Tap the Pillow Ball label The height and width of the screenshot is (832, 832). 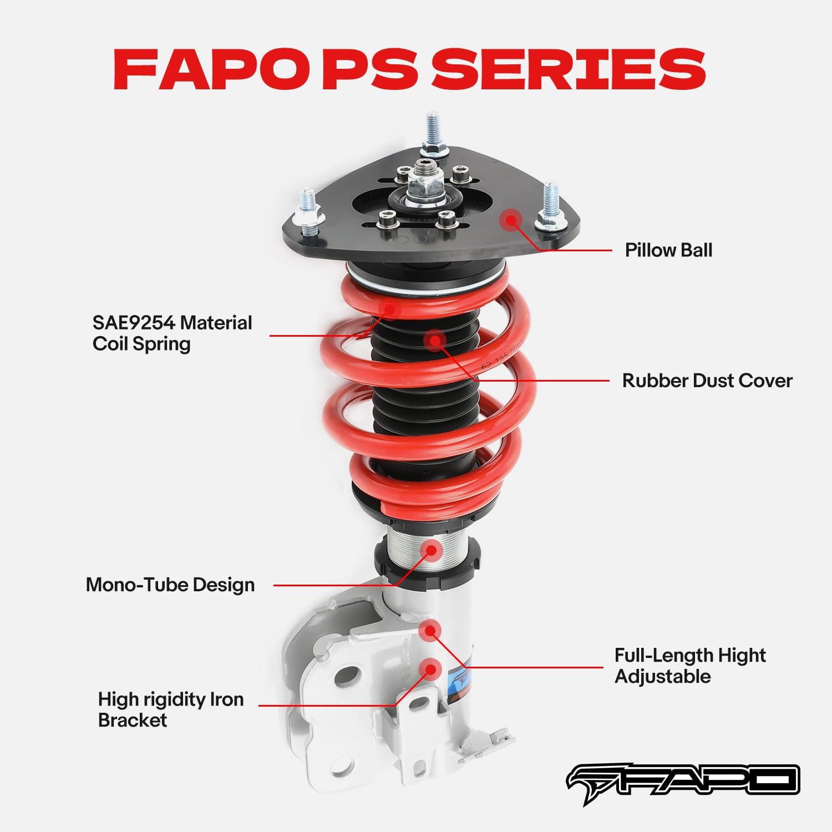coord(668,250)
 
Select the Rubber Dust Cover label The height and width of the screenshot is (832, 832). coord(707,381)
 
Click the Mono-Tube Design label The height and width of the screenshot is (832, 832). coord(170,585)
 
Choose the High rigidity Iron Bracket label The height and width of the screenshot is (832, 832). coord(171,709)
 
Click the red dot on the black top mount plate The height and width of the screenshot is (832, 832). coord(511,220)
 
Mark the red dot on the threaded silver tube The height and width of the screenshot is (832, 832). coord(431,550)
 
